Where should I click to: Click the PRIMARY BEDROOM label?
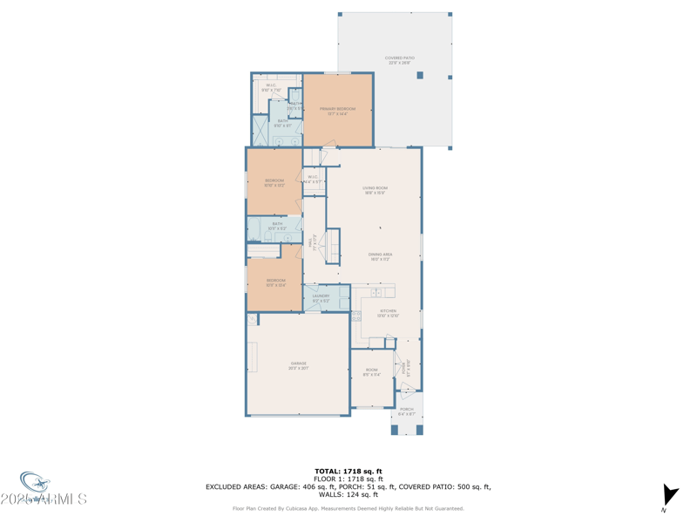tap(338, 111)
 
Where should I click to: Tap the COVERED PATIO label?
tap(400, 60)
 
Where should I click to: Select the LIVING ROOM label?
tap(376, 190)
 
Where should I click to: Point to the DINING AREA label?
tap(381, 256)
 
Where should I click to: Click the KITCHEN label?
tap(388, 313)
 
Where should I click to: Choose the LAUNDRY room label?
tap(321, 298)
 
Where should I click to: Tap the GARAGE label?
tap(298, 365)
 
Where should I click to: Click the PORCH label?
tap(407, 411)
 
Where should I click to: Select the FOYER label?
tap(406, 369)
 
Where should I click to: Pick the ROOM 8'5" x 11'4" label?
tap(371, 372)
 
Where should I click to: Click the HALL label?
tap(315, 243)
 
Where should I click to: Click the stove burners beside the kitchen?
tap(355, 317)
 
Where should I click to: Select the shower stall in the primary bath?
tap(261, 131)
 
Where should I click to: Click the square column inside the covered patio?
tap(419, 76)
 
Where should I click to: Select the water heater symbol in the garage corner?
tap(253, 320)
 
